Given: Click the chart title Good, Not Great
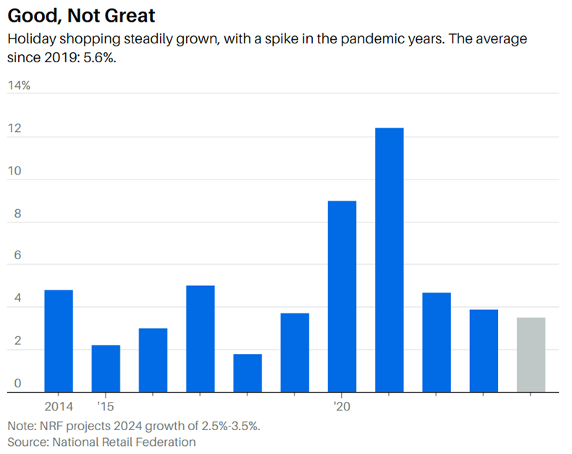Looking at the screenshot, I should click(81, 14).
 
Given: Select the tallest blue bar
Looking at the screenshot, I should click(389, 260).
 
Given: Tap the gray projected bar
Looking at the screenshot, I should click(531, 355).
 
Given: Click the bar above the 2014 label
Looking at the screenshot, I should click(59, 341).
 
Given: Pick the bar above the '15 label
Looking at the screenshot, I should click(106, 369).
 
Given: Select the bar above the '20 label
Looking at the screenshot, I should click(342, 296).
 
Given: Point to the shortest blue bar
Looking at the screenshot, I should click(248, 373).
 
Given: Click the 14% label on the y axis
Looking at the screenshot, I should click(19, 85).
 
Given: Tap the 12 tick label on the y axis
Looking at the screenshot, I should click(14, 130).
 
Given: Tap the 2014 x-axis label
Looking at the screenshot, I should click(59, 406).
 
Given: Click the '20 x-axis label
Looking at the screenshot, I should click(342, 406).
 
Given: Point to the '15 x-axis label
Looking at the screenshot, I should click(106, 406).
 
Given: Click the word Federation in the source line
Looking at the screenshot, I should click(164, 441).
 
